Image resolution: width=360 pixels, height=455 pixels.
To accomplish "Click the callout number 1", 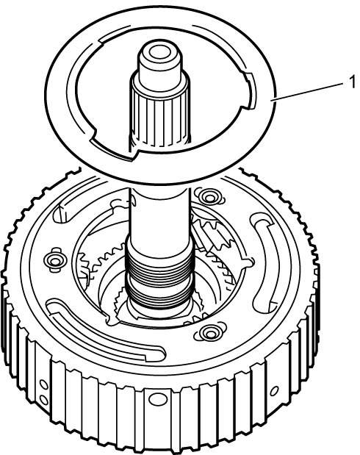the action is (352, 82).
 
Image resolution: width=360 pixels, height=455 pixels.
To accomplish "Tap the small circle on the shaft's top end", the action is (159, 53).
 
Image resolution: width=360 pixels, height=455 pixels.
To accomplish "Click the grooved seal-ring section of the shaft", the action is (159, 279).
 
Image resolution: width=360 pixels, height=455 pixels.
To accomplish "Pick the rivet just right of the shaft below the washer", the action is (209, 197).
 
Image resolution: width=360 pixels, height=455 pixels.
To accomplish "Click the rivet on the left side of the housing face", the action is (54, 260).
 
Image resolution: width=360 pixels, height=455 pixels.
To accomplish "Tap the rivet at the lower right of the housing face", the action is (209, 332).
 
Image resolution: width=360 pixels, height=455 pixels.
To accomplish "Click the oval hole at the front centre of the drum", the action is (157, 398).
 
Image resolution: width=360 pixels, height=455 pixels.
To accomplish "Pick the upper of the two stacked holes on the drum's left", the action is (44, 385).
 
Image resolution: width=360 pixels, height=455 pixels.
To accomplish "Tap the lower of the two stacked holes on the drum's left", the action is (44, 400).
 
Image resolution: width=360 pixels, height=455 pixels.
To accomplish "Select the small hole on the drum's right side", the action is (274, 390).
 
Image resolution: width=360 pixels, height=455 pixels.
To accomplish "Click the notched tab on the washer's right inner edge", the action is (250, 91).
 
